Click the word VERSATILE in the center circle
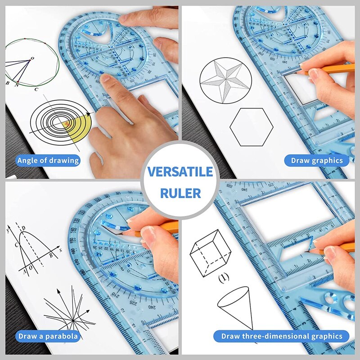180,172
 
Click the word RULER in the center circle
180,193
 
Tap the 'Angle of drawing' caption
48,160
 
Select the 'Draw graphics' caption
317,160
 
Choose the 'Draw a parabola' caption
48,336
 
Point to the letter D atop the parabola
23,229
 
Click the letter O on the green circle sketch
32,58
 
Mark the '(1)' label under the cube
224,278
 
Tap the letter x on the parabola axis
60,248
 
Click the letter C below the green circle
36,89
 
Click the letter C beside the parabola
16,245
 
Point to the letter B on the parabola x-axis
50,256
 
